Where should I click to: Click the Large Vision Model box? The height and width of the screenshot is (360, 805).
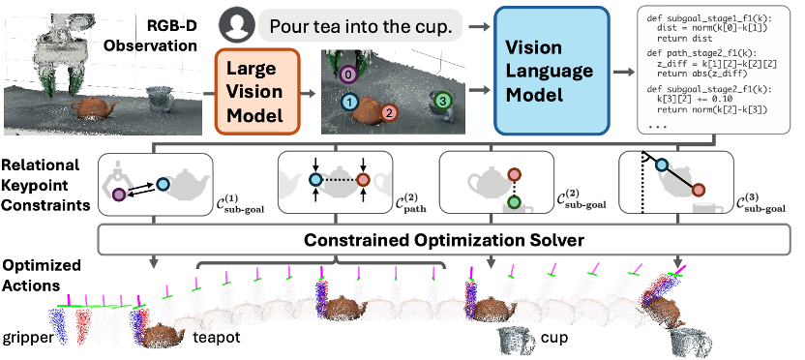(255, 91)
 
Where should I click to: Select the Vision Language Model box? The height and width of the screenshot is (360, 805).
(552, 71)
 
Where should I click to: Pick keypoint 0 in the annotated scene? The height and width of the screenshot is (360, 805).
(348, 75)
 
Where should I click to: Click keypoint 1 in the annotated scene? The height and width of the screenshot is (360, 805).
(349, 103)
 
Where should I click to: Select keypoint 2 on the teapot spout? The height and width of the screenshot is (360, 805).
(389, 112)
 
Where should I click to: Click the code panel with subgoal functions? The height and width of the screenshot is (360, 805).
(713, 70)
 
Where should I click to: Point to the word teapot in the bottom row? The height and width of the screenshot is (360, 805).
(217, 338)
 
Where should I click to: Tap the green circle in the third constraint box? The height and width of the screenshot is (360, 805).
(513, 202)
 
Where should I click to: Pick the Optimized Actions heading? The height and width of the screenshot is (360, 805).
(42, 275)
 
